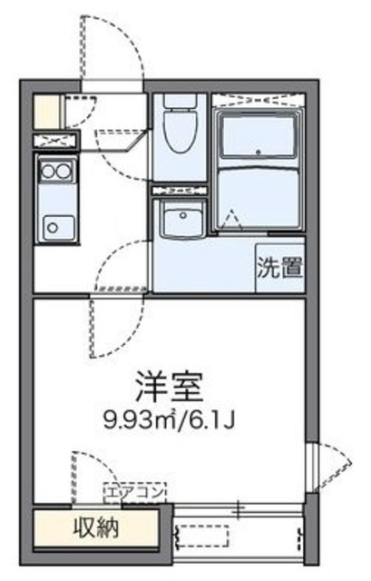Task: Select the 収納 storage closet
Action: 97,527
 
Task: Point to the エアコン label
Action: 135,491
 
